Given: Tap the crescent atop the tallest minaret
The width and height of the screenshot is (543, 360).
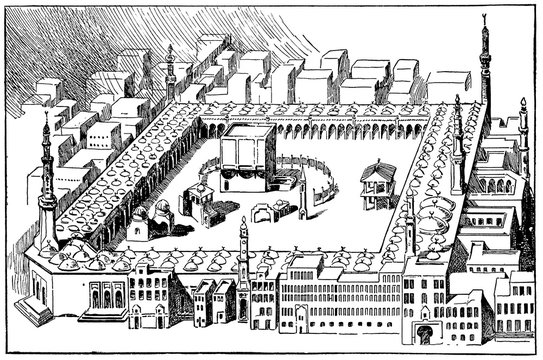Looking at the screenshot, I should [x=484, y=20].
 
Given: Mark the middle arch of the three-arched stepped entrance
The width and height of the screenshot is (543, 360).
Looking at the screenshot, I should [x=104, y=298].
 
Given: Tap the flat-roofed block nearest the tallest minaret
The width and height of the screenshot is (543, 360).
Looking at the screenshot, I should [x=447, y=84].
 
